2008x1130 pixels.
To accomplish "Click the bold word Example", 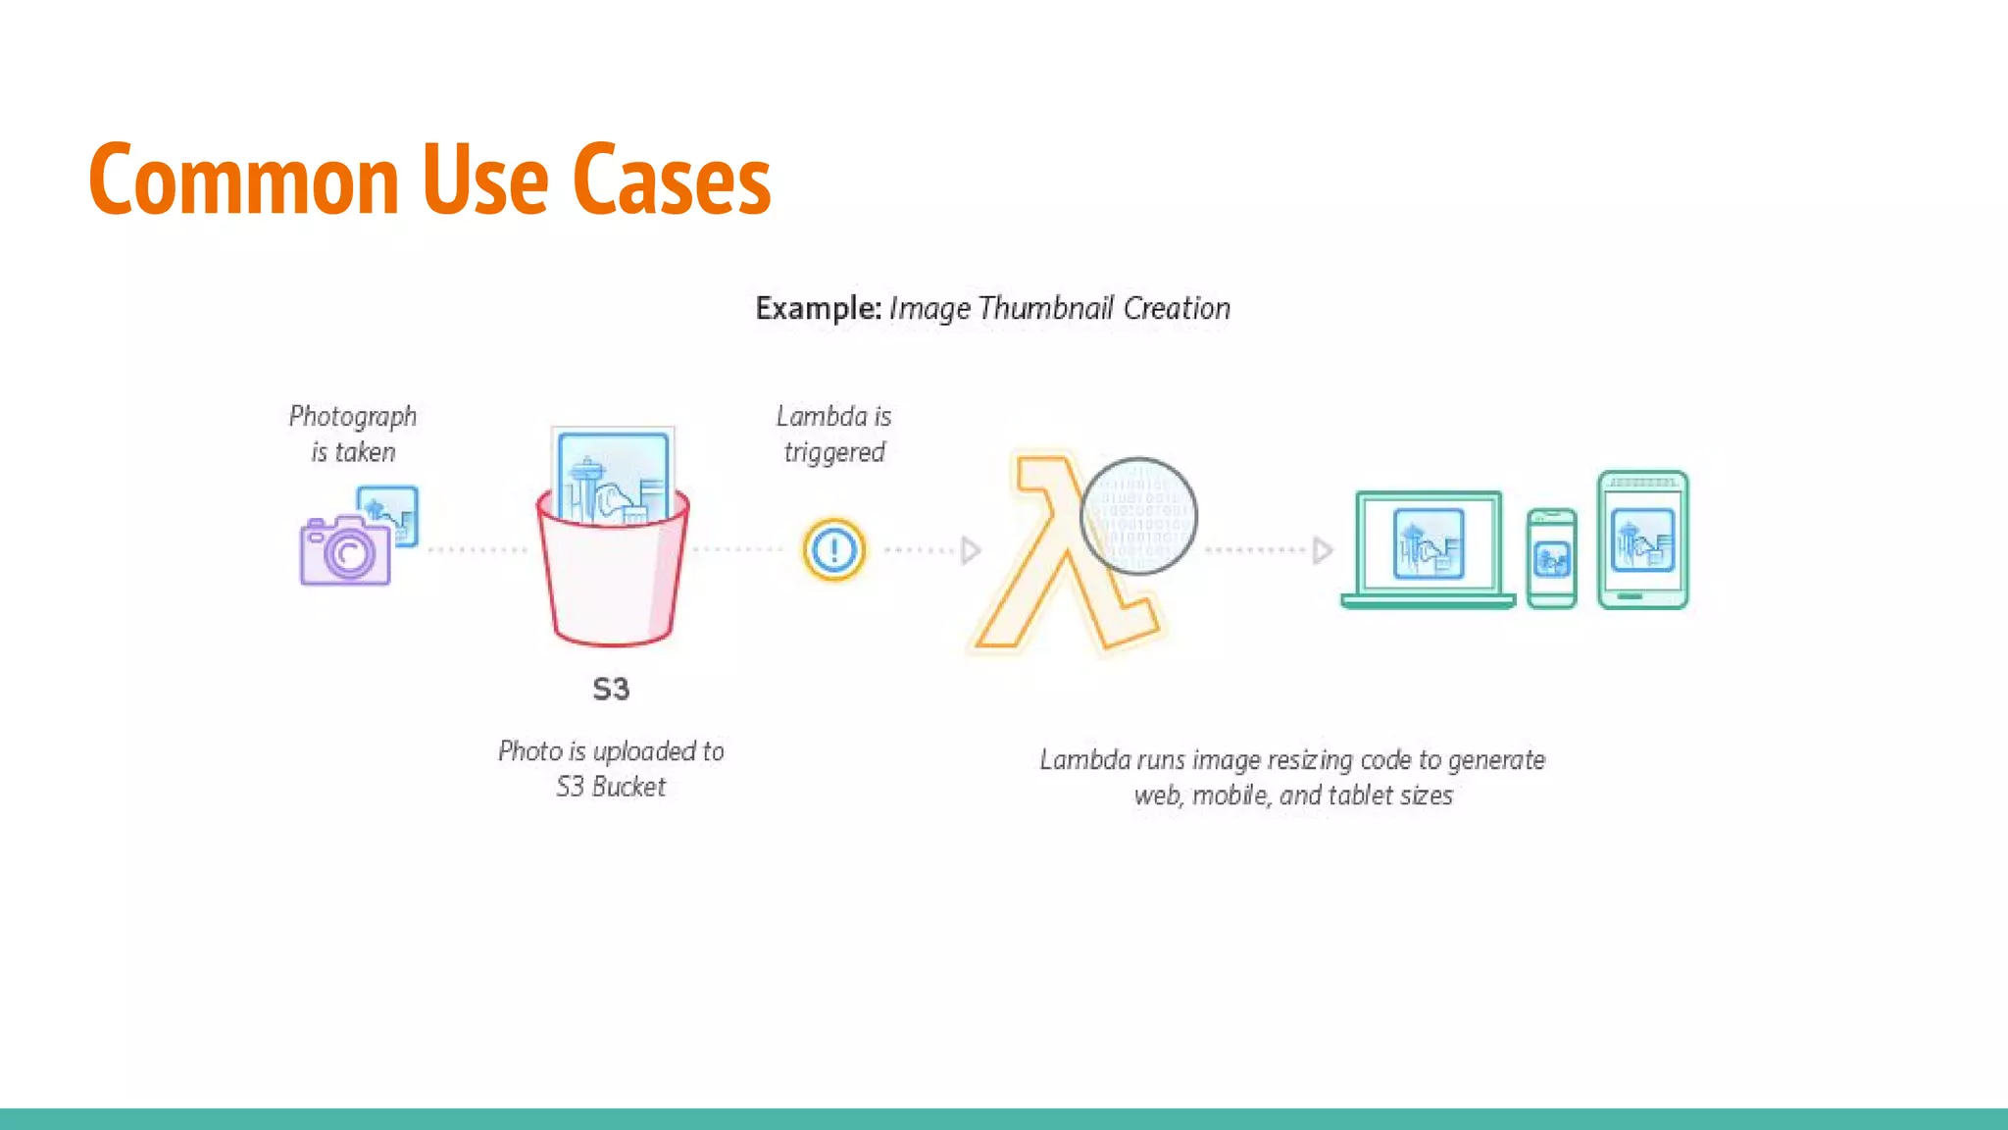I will click(818, 308).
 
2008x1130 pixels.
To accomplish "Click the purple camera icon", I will click(345, 551).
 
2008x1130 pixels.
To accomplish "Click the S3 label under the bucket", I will click(611, 689).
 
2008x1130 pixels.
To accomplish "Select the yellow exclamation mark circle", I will click(834, 549).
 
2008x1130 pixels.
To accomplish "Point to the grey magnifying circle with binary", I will click(1138, 516).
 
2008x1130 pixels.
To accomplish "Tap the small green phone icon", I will click(1552, 558).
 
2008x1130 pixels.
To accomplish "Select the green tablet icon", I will click(1642, 539).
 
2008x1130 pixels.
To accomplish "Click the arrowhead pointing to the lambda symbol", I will click(970, 550).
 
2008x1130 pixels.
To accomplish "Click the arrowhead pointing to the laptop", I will click(1322, 550).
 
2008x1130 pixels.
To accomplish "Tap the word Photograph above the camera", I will click(353, 417).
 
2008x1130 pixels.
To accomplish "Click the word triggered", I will click(834, 452).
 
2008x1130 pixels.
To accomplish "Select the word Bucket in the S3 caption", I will click(628, 787).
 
